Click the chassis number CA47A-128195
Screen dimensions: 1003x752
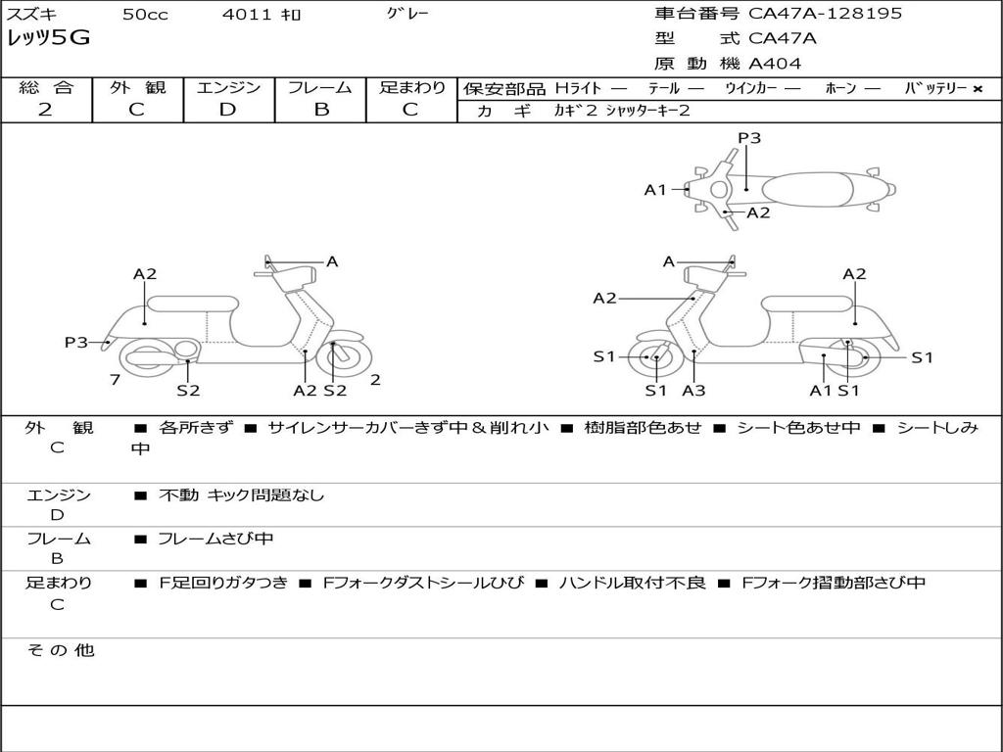point(825,14)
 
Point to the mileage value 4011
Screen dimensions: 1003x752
point(241,15)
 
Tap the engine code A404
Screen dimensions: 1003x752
point(775,64)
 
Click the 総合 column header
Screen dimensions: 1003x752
point(46,87)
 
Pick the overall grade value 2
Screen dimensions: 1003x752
point(45,110)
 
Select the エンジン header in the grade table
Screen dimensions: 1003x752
point(228,87)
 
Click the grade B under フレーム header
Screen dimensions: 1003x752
point(320,110)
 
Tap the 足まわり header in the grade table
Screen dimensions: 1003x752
point(412,87)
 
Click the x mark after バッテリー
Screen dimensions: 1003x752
point(978,88)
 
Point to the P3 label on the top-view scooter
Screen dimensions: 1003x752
point(749,138)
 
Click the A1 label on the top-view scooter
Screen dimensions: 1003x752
point(654,190)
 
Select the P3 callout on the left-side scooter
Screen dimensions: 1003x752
point(76,342)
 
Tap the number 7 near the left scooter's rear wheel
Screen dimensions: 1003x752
point(115,380)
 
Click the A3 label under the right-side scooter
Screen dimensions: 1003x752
point(693,390)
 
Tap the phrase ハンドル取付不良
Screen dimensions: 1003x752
point(632,583)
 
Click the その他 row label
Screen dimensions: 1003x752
point(60,650)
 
